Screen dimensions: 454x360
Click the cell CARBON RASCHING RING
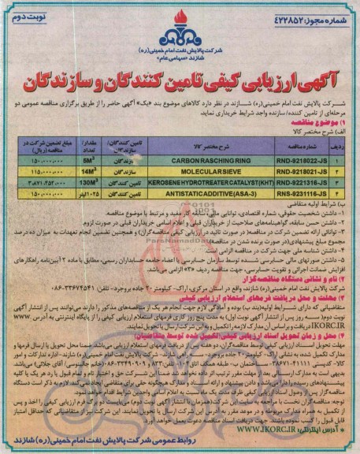[210, 158]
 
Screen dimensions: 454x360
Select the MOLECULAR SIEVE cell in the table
[210, 169]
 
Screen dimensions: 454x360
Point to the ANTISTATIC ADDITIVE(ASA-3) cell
[210, 192]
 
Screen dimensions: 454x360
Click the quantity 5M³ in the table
[88, 158]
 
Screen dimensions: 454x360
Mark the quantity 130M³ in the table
[88, 180]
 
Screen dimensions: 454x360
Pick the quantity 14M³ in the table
[88, 169]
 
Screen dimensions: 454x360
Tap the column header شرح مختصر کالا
[210, 145]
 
